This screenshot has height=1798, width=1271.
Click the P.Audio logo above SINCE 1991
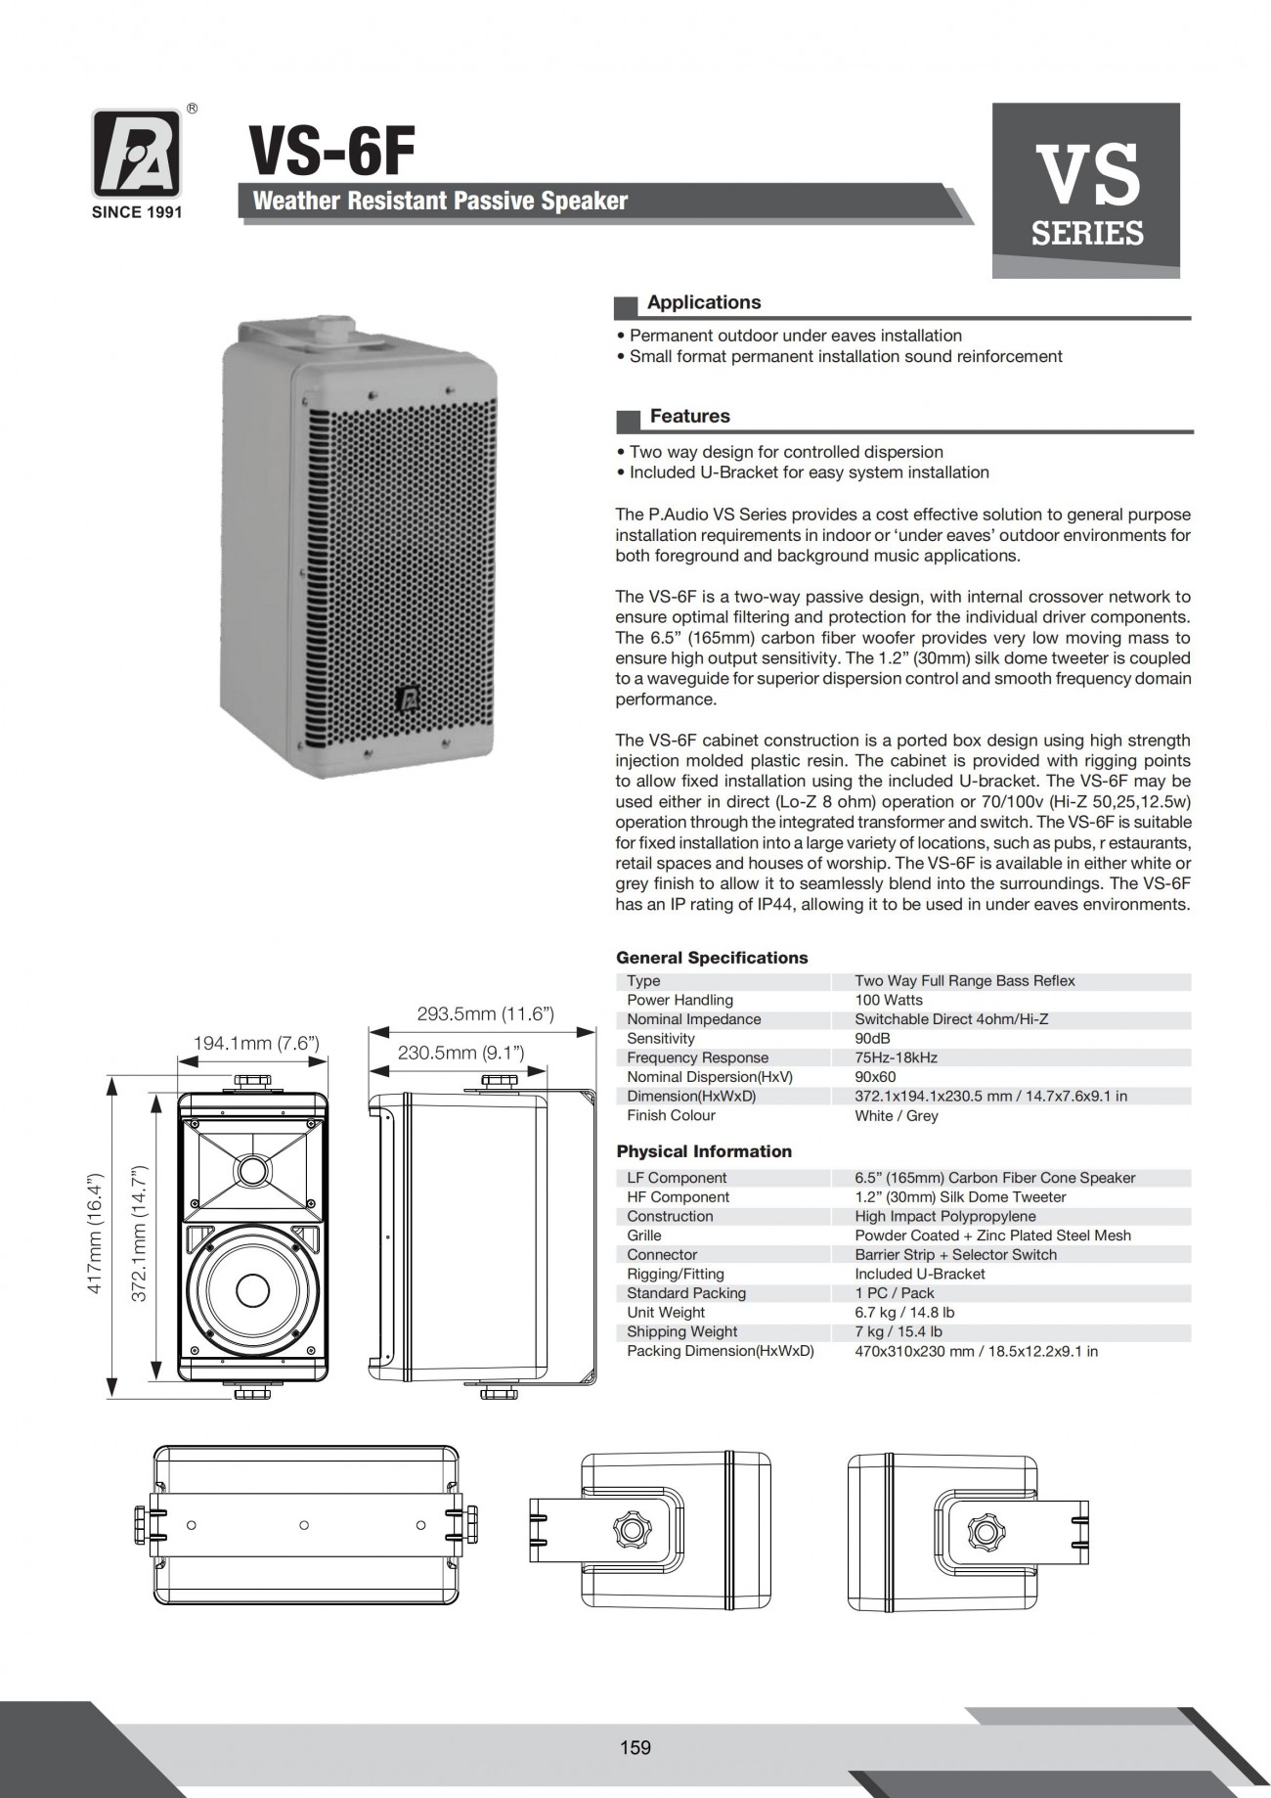pos(137,153)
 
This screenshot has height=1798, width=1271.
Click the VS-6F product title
pos(332,153)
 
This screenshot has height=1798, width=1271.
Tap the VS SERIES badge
pos(1086,191)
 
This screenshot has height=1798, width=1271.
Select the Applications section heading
pos(704,303)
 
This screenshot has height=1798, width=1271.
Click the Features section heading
pos(690,417)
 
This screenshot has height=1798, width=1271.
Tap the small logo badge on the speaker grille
pos(409,697)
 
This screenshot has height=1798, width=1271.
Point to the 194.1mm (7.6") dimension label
pos(256,1043)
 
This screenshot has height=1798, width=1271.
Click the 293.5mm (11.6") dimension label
pos(486,1013)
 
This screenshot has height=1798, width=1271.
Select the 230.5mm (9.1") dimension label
pos(461,1053)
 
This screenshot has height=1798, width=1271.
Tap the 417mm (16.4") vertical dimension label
pos(96,1233)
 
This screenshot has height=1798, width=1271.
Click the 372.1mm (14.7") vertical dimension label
pos(139,1233)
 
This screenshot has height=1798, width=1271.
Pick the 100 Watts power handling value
pos(889,1000)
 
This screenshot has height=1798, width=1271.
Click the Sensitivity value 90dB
pos(872,1038)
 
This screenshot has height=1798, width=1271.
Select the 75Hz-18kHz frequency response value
pos(897,1057)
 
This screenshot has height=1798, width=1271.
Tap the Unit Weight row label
pos(666,1313)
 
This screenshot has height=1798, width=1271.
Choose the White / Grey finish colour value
pos(897,1115)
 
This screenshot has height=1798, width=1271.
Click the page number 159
pos(635,1747)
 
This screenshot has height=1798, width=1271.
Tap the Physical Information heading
pos(704,1151)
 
